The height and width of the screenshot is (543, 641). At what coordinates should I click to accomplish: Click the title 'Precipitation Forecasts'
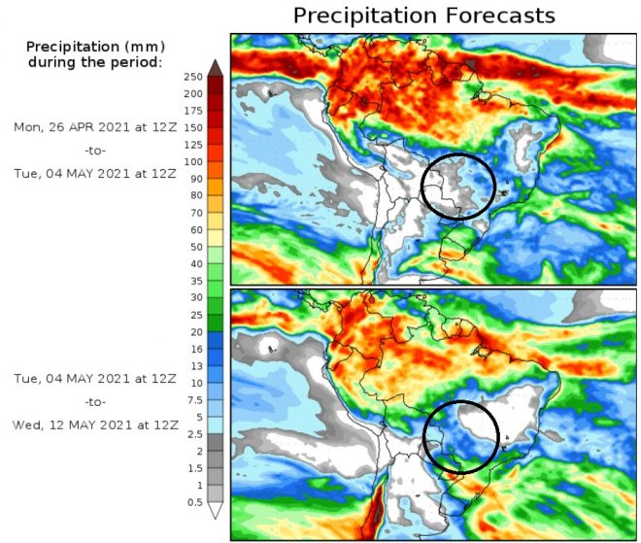[423, 16]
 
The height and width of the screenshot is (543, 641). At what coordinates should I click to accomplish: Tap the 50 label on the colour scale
[194, 247]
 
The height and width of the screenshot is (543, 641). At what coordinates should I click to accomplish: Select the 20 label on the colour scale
[194, 332]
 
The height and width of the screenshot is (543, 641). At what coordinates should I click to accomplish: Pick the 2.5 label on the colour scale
[192, 434]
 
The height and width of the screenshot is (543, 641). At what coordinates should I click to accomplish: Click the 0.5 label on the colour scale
[192, 501]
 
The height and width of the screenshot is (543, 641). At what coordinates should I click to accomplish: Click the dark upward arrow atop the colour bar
[215, 67]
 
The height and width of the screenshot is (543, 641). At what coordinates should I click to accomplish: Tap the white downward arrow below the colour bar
[215, 511]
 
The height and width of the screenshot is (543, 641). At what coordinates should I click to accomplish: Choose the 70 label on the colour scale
[194, 213]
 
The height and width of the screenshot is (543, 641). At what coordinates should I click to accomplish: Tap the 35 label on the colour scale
[194, 281]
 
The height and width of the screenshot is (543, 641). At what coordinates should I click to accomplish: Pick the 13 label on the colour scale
[194, 365]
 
